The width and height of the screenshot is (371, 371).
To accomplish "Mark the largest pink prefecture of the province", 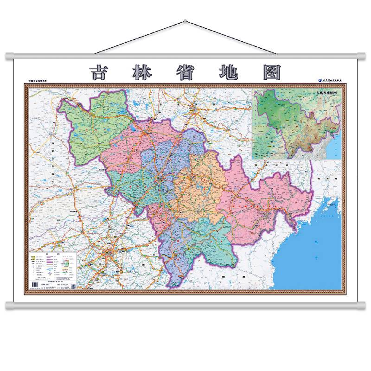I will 264,204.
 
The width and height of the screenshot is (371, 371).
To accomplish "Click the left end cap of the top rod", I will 8,57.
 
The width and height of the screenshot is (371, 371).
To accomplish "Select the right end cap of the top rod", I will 363,57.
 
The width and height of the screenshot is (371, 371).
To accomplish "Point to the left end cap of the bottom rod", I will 8,305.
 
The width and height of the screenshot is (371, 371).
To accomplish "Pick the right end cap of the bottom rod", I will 363,305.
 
